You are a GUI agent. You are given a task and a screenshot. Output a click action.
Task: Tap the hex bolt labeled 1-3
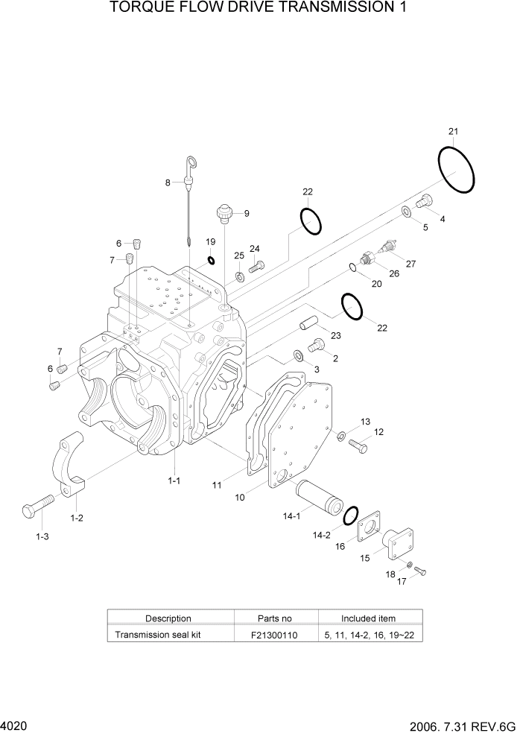37,510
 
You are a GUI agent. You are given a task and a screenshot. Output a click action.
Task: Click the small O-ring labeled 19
211,261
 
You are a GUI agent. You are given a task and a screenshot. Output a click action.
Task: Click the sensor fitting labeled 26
367,259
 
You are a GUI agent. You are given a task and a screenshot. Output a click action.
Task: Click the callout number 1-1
174,481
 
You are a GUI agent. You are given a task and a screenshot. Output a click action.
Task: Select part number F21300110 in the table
276,635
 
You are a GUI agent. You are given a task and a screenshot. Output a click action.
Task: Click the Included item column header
368,618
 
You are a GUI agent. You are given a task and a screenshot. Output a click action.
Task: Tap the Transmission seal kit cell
156,635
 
